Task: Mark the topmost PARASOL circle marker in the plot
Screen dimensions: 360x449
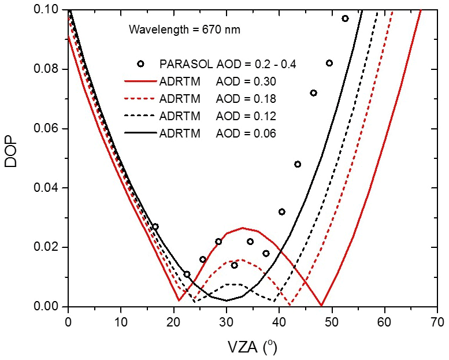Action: pos(345,18)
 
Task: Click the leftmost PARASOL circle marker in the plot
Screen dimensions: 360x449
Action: pos(155,227)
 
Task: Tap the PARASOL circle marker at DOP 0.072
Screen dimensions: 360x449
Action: pos(313,93)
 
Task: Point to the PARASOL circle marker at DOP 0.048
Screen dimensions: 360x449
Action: pos(298,164)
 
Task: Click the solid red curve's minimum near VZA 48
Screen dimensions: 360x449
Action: pos(321,305)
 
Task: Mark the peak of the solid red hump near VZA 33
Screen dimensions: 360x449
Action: pos(243,228)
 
